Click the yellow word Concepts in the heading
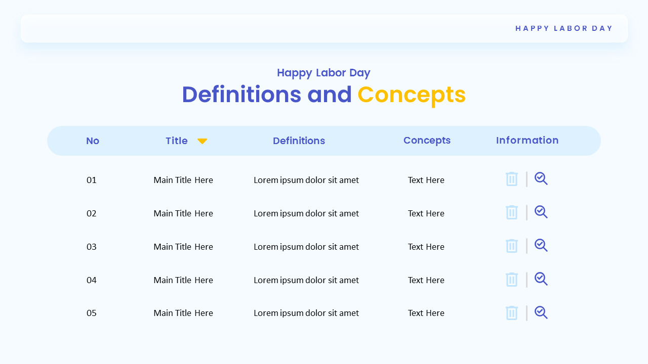[x=411, y=95]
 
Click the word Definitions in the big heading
[x=241, y=95]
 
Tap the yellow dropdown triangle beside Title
[x=202, y=141]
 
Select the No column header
[x=93, y=141]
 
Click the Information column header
[x=527, y=141]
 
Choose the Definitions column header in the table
[x=299, y=141]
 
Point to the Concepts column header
[x=427, y=141]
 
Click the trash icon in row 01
[x=512, y=179]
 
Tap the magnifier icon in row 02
[x=541, y=212]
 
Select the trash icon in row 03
[x=512, y=246]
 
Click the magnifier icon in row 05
[x=541, y=312]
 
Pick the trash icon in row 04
[x=512, y=279]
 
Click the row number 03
[x=91, y=247]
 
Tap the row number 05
[x=91, y=313]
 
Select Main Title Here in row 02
[x=183, y=213]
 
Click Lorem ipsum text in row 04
[x=306, y=280]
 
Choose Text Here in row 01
[x=426, y=180]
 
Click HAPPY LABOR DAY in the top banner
[x=564, y=28]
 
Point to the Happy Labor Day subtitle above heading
[x=323, y=73]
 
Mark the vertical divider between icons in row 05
[x=526, y=313]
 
